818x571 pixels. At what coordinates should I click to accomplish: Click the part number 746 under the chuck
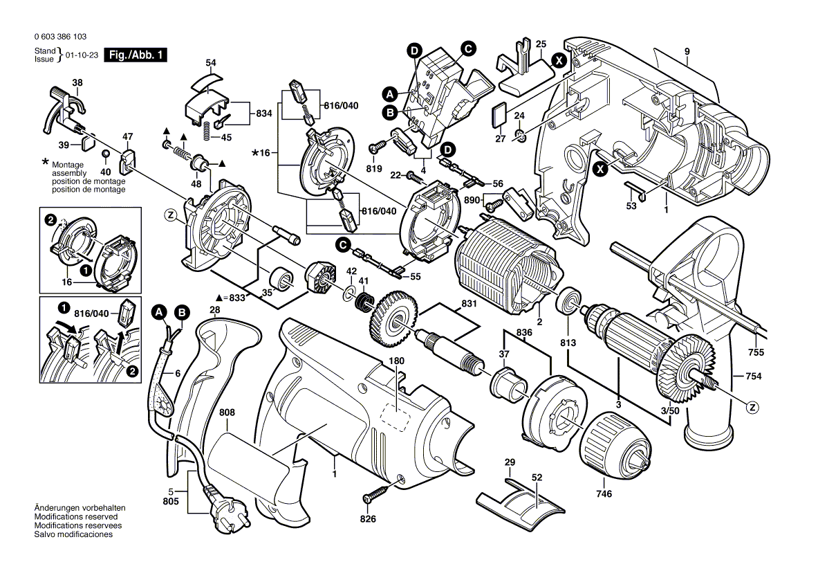(604, 493)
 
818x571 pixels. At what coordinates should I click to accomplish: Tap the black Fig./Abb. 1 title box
(136, 55)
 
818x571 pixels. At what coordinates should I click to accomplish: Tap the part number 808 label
(227, 413)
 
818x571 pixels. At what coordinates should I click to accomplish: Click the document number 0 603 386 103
(61, 37)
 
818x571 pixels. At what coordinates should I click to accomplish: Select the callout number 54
(210, 63)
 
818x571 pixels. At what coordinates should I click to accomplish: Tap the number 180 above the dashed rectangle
(396, 361)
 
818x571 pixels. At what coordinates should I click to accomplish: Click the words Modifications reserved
(77, 517)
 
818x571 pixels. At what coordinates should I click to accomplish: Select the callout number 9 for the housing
(687, 51)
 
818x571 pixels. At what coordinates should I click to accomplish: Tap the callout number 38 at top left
(77, 82)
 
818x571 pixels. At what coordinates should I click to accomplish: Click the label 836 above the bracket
(524, 332)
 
